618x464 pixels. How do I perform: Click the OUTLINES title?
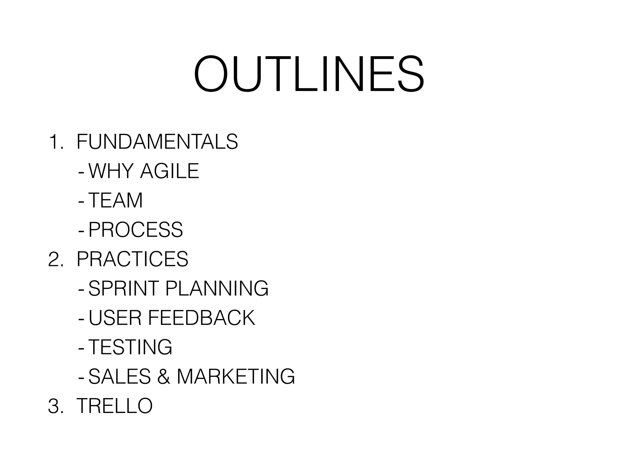point(309,74)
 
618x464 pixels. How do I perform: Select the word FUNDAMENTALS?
point(157,142)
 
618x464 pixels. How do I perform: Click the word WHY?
point(111,171)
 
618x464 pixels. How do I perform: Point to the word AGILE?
point(170,171)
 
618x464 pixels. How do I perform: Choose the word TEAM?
point(116,200)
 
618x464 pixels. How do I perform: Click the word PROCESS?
point(136,230)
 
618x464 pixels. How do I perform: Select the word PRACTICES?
point(132,259)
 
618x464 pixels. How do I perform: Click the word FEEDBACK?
point(202,318)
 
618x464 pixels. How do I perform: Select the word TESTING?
point(130,347)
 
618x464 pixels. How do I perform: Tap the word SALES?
point(119,376)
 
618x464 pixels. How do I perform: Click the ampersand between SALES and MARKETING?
point(164,377)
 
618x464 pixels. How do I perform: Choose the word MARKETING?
point(236,376)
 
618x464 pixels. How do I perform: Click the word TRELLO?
point(115,406)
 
